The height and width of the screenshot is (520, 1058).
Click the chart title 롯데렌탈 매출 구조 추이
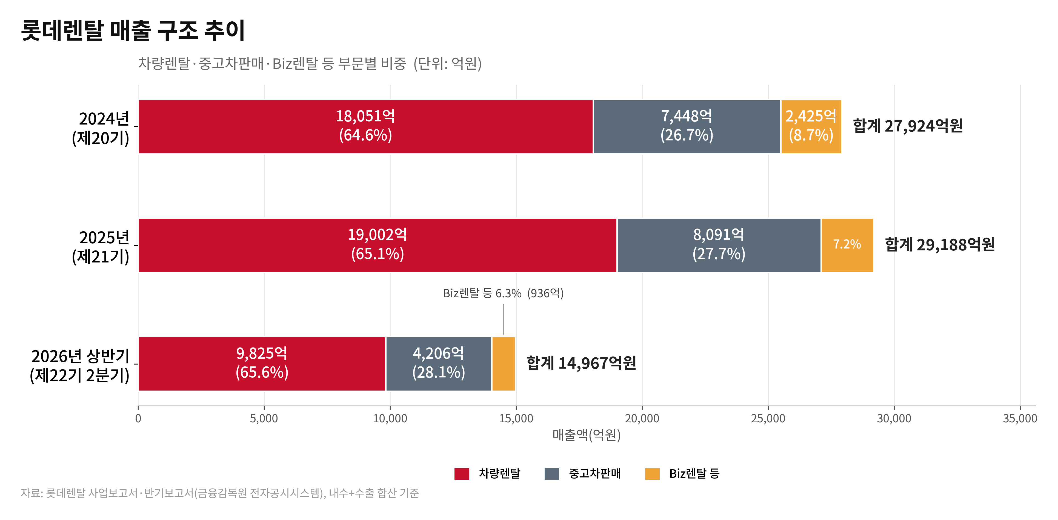[x=133, y=30]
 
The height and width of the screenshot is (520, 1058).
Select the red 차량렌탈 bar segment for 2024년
[x=365, y=127]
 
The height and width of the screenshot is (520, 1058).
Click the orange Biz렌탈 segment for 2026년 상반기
[x=504, y=364]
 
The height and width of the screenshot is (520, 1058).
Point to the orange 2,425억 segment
[x=811, y=127]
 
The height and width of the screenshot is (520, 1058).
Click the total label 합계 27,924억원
[x=908, y=126]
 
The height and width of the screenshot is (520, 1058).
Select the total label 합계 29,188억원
[x=940, y=245]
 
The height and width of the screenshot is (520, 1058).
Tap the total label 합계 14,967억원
[x=581, y=363]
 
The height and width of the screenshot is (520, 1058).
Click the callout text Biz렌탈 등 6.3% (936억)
[x=503, y=293]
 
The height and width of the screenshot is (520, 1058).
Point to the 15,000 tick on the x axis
[x=516, y=419]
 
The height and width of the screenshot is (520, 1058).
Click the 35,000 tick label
[x=1020, y=419]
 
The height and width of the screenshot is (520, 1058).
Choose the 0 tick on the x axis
[x=138, y=419]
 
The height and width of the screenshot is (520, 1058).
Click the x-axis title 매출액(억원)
[x=587, y=435]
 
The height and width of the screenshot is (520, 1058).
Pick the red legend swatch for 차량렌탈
[x=462, y=474]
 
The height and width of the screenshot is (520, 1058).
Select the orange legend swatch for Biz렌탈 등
[x=652, y=474]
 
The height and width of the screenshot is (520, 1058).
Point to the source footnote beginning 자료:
[x=220, y=493]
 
